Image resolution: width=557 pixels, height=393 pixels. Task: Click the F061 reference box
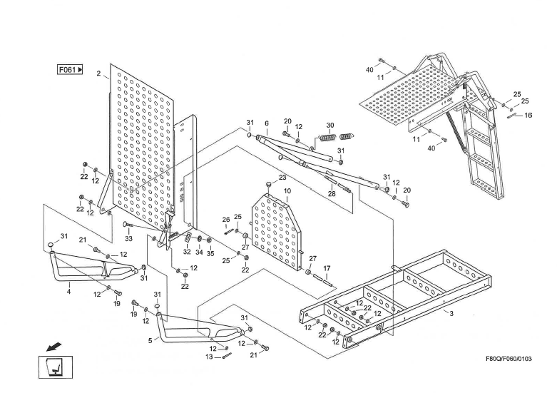71,70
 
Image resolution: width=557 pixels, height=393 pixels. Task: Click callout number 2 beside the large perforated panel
98,73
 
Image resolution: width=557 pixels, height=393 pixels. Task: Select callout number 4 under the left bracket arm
69,291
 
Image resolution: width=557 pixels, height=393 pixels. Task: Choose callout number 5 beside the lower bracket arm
150,341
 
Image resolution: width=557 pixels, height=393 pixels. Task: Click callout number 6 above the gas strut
267,123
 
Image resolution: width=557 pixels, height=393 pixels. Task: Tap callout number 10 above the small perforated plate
287,191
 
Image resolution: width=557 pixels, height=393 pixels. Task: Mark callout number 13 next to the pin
209,357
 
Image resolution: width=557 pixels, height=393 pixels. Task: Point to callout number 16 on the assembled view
528,115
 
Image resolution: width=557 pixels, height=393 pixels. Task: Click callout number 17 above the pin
327,268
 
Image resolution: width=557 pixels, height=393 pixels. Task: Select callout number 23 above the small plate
282,178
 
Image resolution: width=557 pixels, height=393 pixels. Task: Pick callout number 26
226,220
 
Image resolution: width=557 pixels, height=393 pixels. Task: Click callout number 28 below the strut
332,193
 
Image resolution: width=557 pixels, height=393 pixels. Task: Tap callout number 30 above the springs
329,126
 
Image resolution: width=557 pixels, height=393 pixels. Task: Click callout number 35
210,252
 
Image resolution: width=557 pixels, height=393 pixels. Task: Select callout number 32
186,252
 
